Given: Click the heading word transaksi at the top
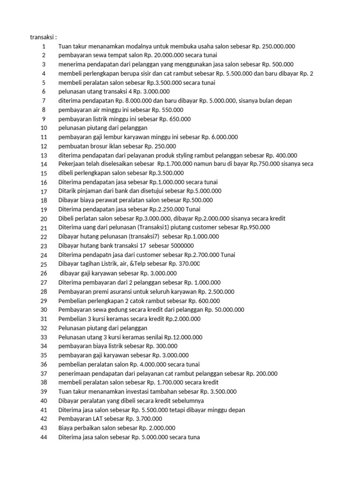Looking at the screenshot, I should (x=43, y=37).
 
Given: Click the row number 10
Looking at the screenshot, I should (x=44, y=128).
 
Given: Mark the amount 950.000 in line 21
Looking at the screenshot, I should (x=258, y=228).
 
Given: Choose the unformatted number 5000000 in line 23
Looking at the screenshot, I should (x=172, y=246).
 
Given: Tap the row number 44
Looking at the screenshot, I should (x=44, y=437).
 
